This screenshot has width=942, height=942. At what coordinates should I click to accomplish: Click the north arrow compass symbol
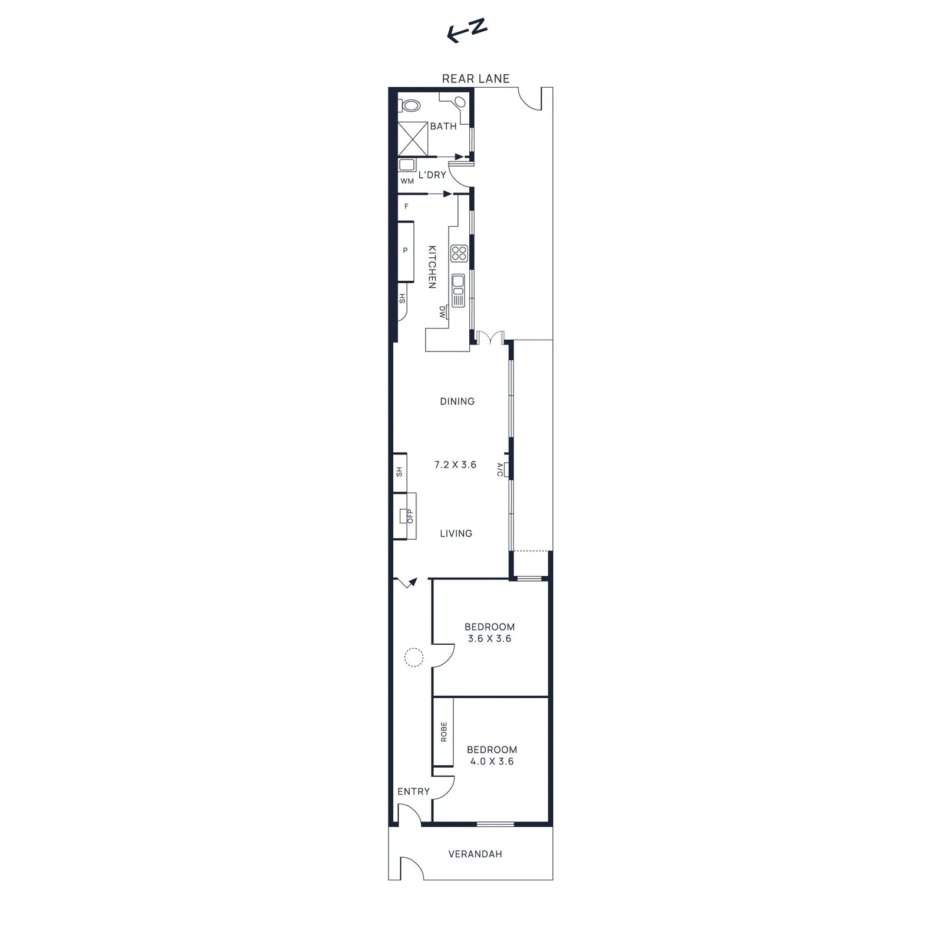[x=466, y=31]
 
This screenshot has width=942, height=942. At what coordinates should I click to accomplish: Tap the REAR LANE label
[x=476, y=79]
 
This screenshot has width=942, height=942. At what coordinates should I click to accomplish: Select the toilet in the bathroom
[x=411, y=106]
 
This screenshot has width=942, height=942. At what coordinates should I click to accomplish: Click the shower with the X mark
[x=413, y=139]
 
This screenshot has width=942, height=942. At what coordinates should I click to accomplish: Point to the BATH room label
[x=443, y=127]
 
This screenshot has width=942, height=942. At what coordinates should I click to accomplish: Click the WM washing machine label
[x=407, y=181]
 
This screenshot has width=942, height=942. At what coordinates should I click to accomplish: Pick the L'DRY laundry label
[x=432, y=175]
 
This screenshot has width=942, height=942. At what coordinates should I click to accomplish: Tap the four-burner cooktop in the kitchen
[x=459, y=254]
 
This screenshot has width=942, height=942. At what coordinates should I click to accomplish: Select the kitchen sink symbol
[x=458, y=290]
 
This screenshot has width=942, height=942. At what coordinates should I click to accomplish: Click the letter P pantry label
[x=405, y=251]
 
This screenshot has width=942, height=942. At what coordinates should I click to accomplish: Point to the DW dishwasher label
[x=443, y=312]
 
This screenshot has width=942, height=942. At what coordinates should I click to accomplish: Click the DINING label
[x=457, y=402]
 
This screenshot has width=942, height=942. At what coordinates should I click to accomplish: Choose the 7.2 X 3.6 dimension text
[x=455, y=465]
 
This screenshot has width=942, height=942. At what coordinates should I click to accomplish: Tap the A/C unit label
[x=500, y=470]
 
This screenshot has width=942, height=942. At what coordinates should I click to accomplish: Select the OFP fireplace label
[x=410, y=516]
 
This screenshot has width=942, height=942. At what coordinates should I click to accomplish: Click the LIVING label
[x=456, y=533]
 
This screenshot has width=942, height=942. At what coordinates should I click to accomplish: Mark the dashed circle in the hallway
[x=414, y=657]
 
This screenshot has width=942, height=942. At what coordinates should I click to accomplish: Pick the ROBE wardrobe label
[x=444, y=732]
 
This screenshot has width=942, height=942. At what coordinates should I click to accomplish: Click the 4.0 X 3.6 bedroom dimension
[x=492, y=761]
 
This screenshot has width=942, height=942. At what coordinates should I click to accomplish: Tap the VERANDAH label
[x=475, y=854]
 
